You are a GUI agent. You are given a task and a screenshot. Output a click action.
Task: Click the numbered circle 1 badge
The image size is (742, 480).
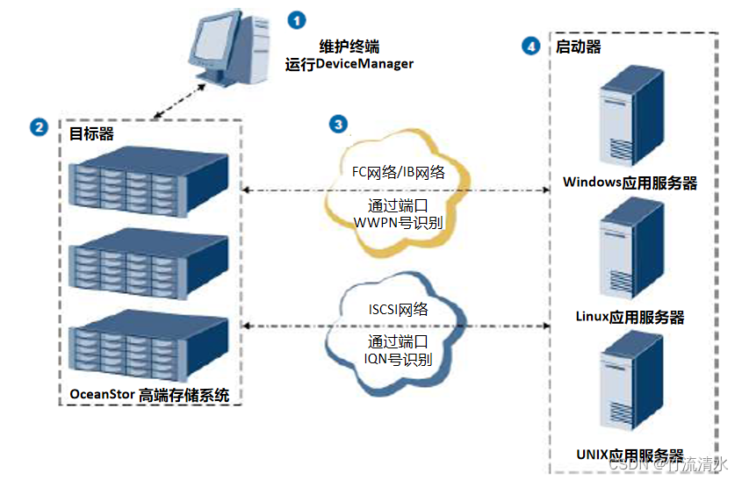[299, 18]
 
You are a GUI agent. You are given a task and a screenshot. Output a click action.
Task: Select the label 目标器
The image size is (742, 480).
[91, 133]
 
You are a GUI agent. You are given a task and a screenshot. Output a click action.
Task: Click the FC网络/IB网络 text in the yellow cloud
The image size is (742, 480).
[398, 173]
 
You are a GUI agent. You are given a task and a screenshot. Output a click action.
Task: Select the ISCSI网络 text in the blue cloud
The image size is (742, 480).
[398, 309]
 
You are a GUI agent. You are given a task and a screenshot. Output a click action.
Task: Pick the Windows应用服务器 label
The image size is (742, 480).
[630, 183]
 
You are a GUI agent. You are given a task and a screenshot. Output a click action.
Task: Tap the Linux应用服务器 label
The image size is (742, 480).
[630, 317]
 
